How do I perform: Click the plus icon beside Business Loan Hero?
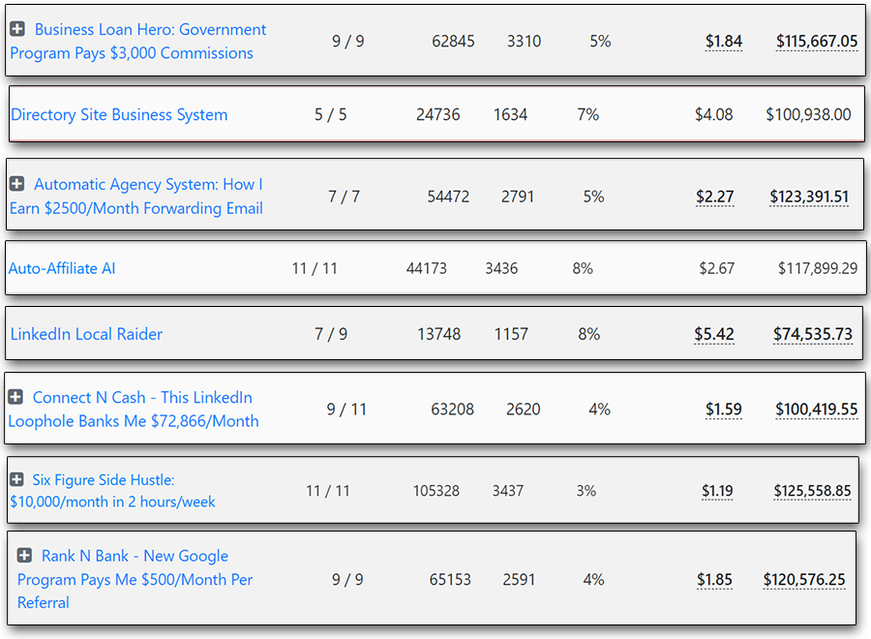pyautogui.click(x=17, y=29)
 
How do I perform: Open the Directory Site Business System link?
pyautogui.click(x=119, y=114)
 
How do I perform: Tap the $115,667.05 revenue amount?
pyautogui.click(x=816, y=41)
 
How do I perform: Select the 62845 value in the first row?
pyautogui.click(x=453, y=42)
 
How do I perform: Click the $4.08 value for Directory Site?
pyautogui.click(x=713, y=114)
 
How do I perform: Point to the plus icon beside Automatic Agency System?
pyautogui.click(x=16, y=184)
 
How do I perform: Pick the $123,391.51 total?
pyautogui.click(x=809, y=197)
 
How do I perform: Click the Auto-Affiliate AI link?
pyautogui.click(x=62, y=268)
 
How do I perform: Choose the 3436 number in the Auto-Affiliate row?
pyautogui.click(x=501, y=268)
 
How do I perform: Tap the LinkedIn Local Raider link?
pyautogui.click(x=86, y=334)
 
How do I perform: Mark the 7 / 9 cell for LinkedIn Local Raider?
pyautogui.click(x=331, y=334)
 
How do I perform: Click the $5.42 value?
pyautogui.click(x=713, y=334)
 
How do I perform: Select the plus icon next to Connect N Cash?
pyautogui.click(x=15, y=397)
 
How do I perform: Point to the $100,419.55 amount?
pyautogui.click(x=816, y=410)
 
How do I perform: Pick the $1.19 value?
pyautogui.click(x=717, y=491)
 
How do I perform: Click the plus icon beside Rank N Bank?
pyautogui.click(x=25, y=556)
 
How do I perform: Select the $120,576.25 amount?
pyautogui.click(x=803, y=580)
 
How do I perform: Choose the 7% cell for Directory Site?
pyautogui.click(x=587, y=114)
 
